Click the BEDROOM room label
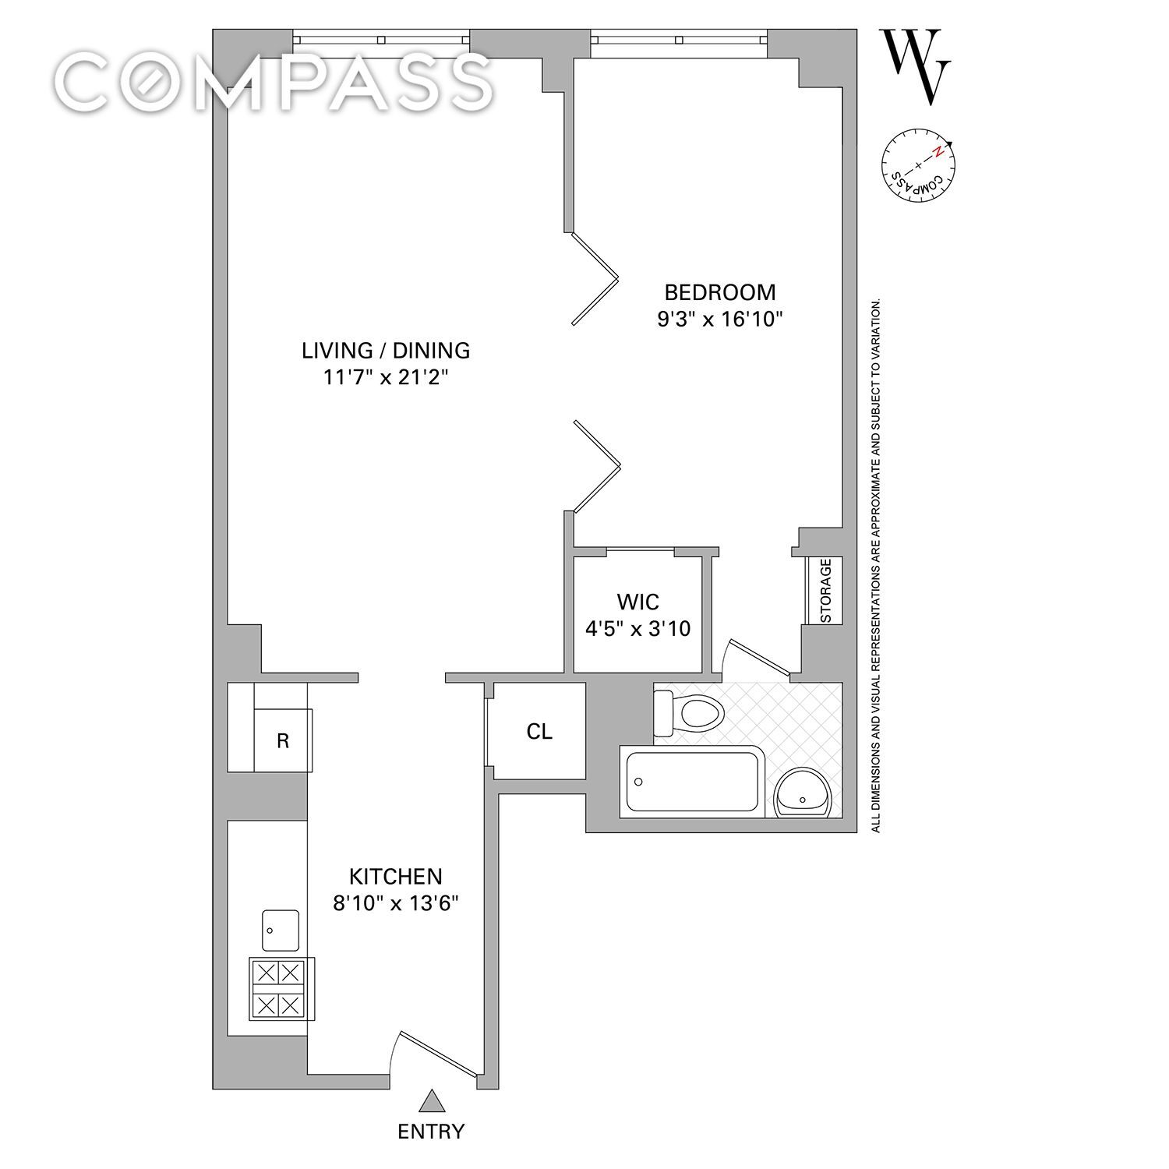tap(720, 292)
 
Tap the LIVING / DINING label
tap(386, 351)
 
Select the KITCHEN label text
tap(395, 877)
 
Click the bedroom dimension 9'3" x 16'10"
tap(719, 320)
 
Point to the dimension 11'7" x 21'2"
tap(386, 378)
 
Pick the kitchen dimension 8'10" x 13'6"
tap(395, 904)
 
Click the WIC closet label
tap(637, 602)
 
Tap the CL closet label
tap(539, 732)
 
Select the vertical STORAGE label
tap(825, 591)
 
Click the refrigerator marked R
tap(283, 740)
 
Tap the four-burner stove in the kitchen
tap(281, 988)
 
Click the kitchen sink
tap(281, 930)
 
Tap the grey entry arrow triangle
tap(431, 1101)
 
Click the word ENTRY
tap(431, 1132)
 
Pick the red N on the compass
tap(941, 152)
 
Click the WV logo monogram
tap(916, 66)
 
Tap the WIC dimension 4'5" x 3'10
tap(637, 629)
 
